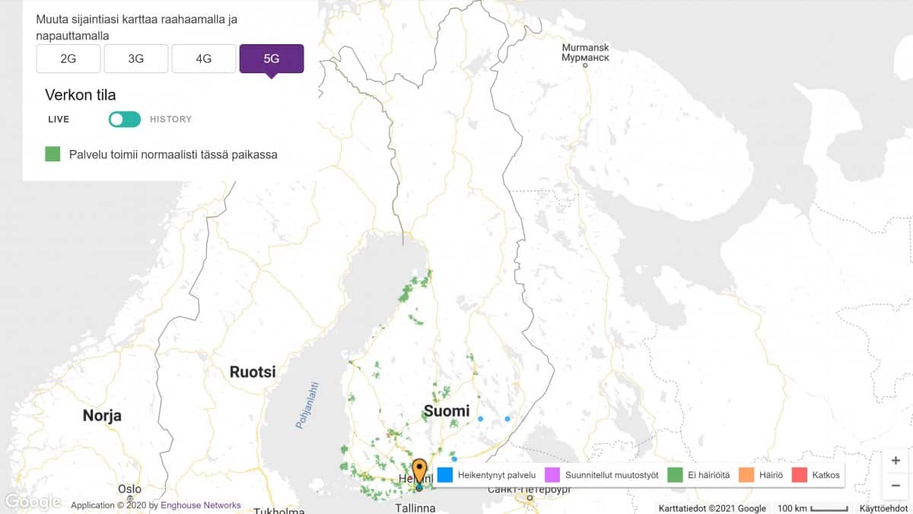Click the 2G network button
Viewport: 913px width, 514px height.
pyautogui.click(x=68, y=59)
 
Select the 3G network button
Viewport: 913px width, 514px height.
pyautogui.click(x=135, y=59)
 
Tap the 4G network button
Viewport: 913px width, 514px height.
pyautogui.click(x=203, y=59)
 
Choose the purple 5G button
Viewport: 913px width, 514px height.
pyautogui.click(x=272, y=59)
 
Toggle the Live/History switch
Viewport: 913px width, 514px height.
pyautogui.click(x=124, y=120)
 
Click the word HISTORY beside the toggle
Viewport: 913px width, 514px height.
pyautogui.click(x=170, y=120)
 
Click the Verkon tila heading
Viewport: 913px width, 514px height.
pyautogui.click(x=80, y=95)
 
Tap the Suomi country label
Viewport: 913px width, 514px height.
pyautogui.click(x=447, y=411)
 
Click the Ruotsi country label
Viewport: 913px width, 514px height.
pyautogui.click(x=253, y=372)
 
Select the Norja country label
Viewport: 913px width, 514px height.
pyautogui.click(x=102, y=416)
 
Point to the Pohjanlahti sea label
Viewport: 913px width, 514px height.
pyautogui.click(x=308, y=404)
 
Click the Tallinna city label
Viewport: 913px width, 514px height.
pyautogui.click(x=415, y=507)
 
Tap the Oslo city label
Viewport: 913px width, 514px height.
pyautogui.click(x=129, y=489)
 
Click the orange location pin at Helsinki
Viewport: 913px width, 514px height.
pyautogui.click(x=419, y=470)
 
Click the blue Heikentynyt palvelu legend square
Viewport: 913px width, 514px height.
pyautogui.click(x=446, y=475)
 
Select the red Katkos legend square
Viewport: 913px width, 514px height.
pyautogui.click(x=799, y=475)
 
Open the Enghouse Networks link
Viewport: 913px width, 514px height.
pyautogui.click(x=201, y=505)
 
